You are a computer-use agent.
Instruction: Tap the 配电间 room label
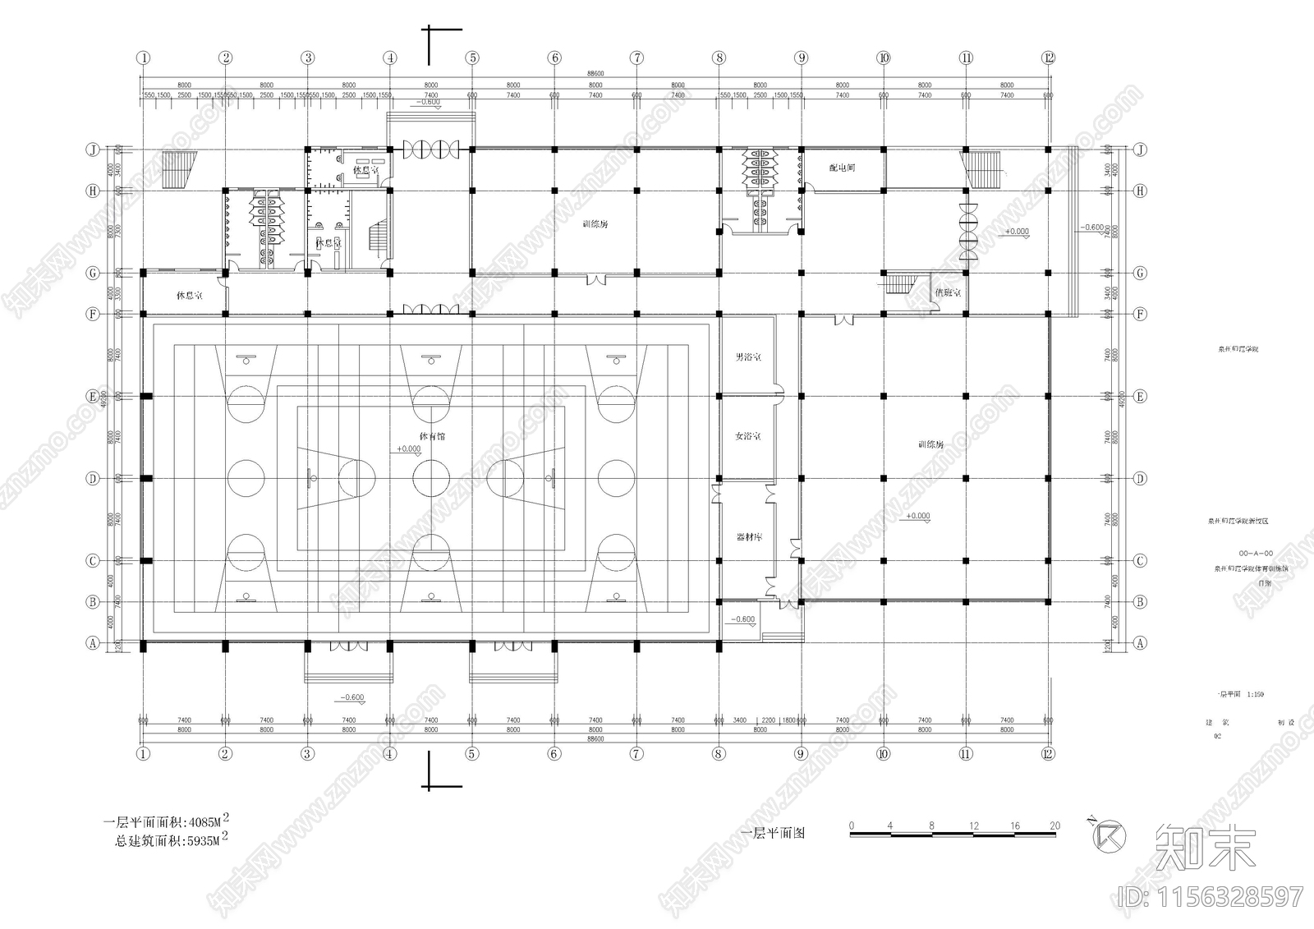coord(842,168)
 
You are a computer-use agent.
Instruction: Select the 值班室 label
coord(948,292)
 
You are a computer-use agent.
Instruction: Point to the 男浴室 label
coord(747,357)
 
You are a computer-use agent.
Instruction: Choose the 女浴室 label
coord(747,436)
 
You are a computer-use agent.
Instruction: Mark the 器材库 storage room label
coord(748,537)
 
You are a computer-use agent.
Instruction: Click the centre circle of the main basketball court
coord(431,478)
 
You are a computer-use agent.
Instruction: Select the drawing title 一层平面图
coord(773,834)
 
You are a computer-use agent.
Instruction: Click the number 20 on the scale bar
coord(1054,826)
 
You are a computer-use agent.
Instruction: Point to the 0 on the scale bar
coord(852,826)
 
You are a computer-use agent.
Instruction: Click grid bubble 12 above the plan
coord(1048,58)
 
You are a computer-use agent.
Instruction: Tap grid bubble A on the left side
coord(93,644)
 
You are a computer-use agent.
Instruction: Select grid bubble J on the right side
coord(1140,149)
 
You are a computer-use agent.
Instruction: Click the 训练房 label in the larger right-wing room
coord(930,444)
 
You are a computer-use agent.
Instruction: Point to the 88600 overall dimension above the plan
coord(595,74)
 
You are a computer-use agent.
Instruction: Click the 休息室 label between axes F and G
coord(189,294)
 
